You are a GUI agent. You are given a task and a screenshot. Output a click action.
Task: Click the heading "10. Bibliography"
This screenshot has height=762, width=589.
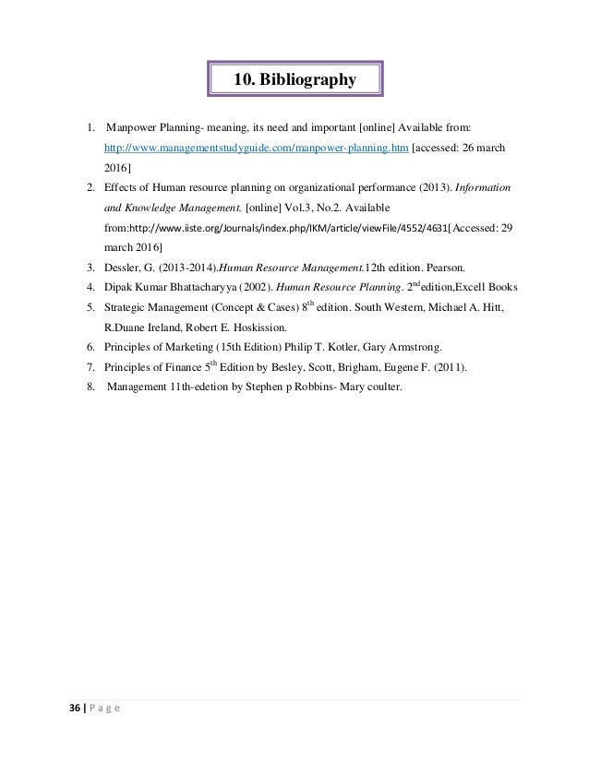294,80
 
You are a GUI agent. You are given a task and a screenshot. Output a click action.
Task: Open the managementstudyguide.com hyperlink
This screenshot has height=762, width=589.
256,147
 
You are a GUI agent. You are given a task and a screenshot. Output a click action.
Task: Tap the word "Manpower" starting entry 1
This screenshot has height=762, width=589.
136,126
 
